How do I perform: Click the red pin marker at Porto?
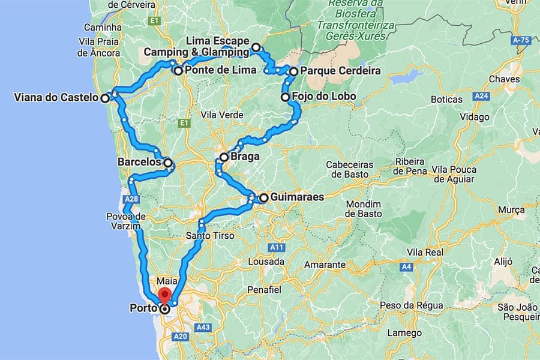(165, 296)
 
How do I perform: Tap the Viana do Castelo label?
(55, 97)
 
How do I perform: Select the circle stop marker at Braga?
(224, 157)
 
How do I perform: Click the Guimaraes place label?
(297, 197)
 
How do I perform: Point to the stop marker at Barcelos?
(168, 162)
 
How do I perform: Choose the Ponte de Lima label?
(221, 71)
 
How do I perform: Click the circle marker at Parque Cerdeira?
(293, 71)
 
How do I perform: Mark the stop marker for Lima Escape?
(256, 47)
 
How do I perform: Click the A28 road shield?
(133, 199)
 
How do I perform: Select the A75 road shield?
(523, 40)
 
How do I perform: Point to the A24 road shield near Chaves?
(480, 96)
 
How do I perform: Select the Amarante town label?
(325, 264)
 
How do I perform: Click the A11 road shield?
(277, 247)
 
